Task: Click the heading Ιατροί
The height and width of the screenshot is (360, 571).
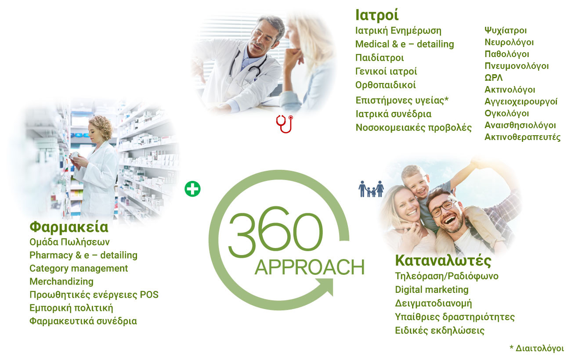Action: point(377,15)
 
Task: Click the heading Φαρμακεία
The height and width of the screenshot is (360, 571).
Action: point(69,227)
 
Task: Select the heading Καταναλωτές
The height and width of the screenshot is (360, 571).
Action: point(443,261)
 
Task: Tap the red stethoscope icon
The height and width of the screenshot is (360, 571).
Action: point(285,124)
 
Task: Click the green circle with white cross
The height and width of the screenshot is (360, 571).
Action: point(192,189)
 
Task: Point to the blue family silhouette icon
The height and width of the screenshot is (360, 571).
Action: point(371,189)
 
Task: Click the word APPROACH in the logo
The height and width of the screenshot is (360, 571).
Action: point(310,267)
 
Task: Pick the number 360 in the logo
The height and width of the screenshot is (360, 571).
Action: point(275,232)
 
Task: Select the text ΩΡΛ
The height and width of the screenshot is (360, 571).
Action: point(494,78)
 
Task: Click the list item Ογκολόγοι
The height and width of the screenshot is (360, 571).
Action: point(507,113)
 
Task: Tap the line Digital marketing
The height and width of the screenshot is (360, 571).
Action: point(432,290)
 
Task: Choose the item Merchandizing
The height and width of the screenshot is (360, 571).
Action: point(61,281)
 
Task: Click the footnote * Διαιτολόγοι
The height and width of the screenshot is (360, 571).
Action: point(537,348)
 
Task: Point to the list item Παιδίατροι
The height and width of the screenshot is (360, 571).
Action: point(379,58)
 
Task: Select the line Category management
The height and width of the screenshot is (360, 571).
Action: point(79,268)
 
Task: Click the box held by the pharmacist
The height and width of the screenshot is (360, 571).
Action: point(74,155)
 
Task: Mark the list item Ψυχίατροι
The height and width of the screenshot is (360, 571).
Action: point(506,31)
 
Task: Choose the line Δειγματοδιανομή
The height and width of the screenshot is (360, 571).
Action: point(434,303)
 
